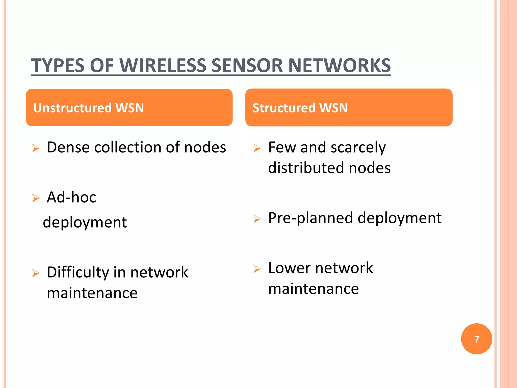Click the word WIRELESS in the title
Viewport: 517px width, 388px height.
point(163,66)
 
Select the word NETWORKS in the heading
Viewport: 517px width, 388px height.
point(339,66)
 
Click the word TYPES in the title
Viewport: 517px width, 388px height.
point(58,66)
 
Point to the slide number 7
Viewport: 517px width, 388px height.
point(476,339)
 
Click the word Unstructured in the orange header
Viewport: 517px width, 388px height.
point(72,108)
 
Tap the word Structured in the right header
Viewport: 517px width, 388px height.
point(284,108)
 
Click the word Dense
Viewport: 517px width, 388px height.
point(68,147)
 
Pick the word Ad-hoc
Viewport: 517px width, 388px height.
point(71,197)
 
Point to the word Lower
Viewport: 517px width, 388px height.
point(289,268)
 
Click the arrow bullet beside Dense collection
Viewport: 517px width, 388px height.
point(36,148)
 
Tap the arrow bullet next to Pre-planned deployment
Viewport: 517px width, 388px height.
point(257,219)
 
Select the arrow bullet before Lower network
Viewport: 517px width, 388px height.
point(257,269)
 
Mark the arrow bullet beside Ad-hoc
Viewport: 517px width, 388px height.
point(36,198)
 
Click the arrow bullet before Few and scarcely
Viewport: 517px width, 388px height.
point(257,148)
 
